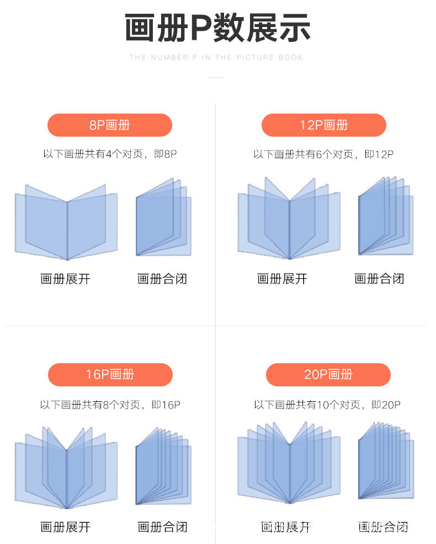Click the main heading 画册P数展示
click(217, 28)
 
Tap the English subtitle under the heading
click(216, 57)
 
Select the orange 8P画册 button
click(110, 125)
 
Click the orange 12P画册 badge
click(324, 125)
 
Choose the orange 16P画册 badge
click(110, 375)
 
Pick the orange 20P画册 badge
click(328, 375)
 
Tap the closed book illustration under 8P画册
click(163, 217)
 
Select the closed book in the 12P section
click(385, 217)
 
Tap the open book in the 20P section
click(289, 463)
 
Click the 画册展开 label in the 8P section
click(65, 279)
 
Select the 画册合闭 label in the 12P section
click(379, 279)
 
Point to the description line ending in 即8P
click(110, 154)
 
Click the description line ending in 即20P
click(327, 405)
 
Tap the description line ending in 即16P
click(110, 405)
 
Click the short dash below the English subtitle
click(216, 77)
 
